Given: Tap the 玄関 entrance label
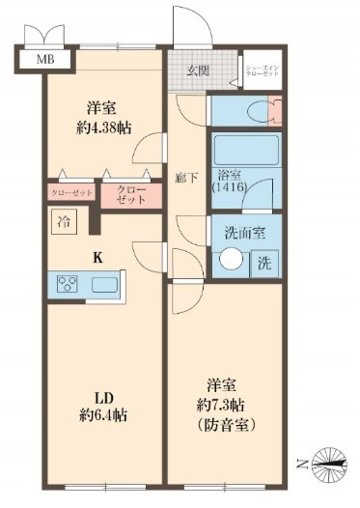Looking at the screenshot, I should pyautogui.click(x=198, y=70).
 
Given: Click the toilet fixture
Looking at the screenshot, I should pyautogui.click(x=233, y=109).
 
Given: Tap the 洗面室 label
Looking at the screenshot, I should pyautogui.click(x=235, y=233).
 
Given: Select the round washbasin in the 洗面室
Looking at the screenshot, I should pyautogui.click(x=231, y=261).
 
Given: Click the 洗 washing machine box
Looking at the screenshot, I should pyautogui.click(x=263, y=262).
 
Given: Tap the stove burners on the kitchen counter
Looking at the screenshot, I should pyautogui.click(x=69, y=284).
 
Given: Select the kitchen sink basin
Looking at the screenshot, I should pyautogui.click(x=104, y=284).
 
